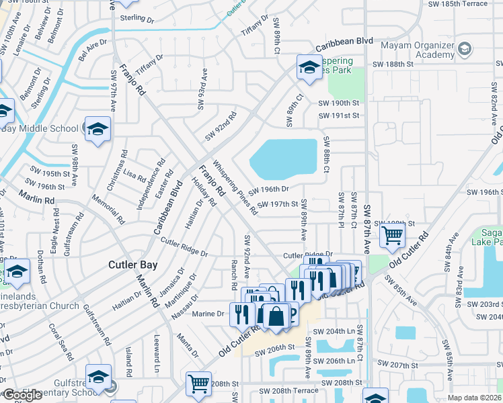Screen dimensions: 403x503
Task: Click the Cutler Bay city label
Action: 133,265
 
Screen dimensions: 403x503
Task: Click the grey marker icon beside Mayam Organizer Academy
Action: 465,49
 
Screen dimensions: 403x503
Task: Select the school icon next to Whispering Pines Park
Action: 309,68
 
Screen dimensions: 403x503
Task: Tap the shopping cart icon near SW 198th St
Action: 391,235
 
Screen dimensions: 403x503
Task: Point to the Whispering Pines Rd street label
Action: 235,187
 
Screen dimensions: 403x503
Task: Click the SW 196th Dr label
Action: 269,190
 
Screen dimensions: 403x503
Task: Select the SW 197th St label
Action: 277,204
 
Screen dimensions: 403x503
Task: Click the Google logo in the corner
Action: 22,395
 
